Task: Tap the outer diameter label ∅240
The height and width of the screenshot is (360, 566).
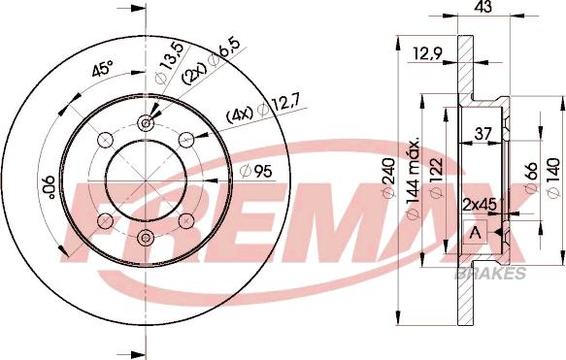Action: pyautogui.click(x=388, y=179)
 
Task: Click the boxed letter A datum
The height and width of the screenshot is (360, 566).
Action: pyautogui.click(x=475, y=233)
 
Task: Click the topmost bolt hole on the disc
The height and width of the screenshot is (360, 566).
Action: pyautogui.click(x=145, y=122)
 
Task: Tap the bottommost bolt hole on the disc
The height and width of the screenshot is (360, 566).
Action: pyautogui.click(x=145, y=239)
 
